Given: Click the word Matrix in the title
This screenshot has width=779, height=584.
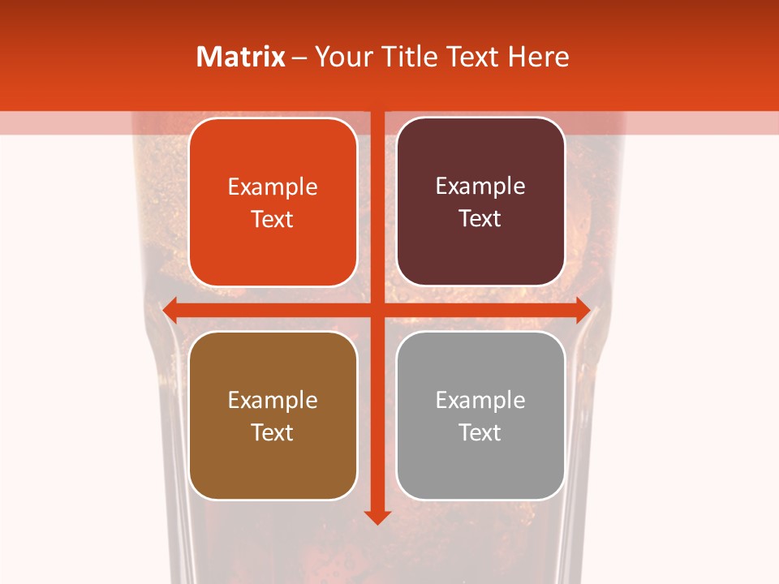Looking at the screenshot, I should (241, 57).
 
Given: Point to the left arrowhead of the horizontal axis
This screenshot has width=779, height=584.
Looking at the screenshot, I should (170, 310).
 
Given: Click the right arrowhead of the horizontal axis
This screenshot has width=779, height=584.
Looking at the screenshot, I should (583, 310).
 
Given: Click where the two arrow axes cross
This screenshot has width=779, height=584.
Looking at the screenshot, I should (377, 310).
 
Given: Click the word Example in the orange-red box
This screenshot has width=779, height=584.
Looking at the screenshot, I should (273, 187).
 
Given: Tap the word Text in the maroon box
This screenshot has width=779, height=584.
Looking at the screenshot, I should (480, 219).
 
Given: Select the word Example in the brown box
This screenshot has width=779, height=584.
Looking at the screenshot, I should (273, 401).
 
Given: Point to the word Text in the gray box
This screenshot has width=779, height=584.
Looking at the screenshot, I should (480, 433).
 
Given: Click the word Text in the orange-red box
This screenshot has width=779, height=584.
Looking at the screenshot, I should (273, 220).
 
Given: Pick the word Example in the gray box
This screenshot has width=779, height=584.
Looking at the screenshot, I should (480, 401).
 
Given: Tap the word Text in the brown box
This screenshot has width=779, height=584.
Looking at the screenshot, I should (273, 433).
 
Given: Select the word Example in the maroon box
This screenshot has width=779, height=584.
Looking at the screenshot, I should (480, 187).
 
